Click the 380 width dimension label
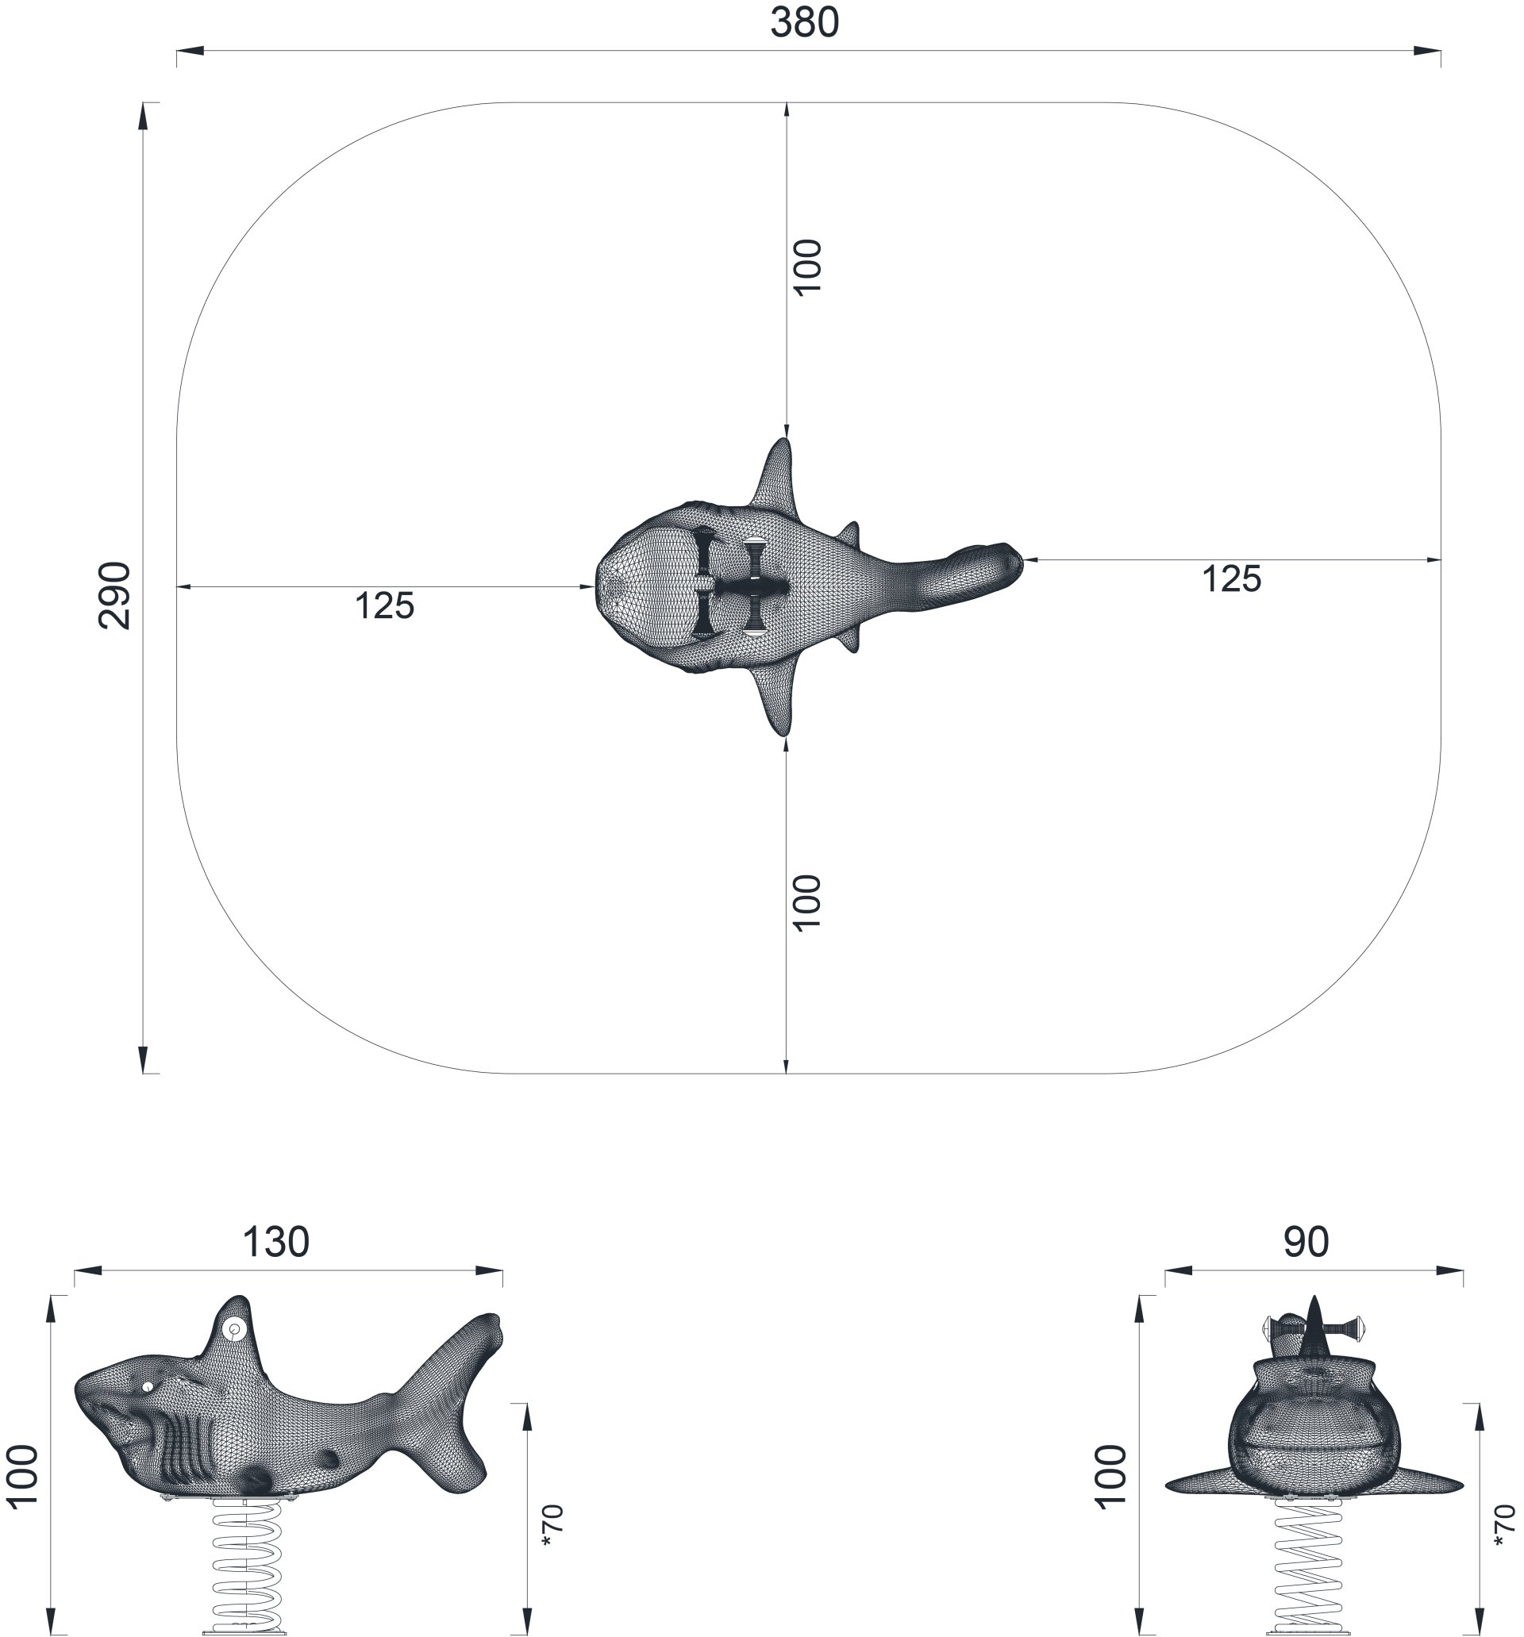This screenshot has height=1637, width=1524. [804, 23]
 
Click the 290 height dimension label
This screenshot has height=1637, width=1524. [114, 595]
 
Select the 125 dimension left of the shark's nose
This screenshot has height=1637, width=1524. [385, 606]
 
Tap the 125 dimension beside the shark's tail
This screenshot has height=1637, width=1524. [1232, 580]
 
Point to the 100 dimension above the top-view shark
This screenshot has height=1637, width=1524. [807, 266]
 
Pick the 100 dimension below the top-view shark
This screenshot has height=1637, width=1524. [807, 902]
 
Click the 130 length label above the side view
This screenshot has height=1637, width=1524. [276, 1243]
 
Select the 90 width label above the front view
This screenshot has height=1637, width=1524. [1306, 1243]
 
